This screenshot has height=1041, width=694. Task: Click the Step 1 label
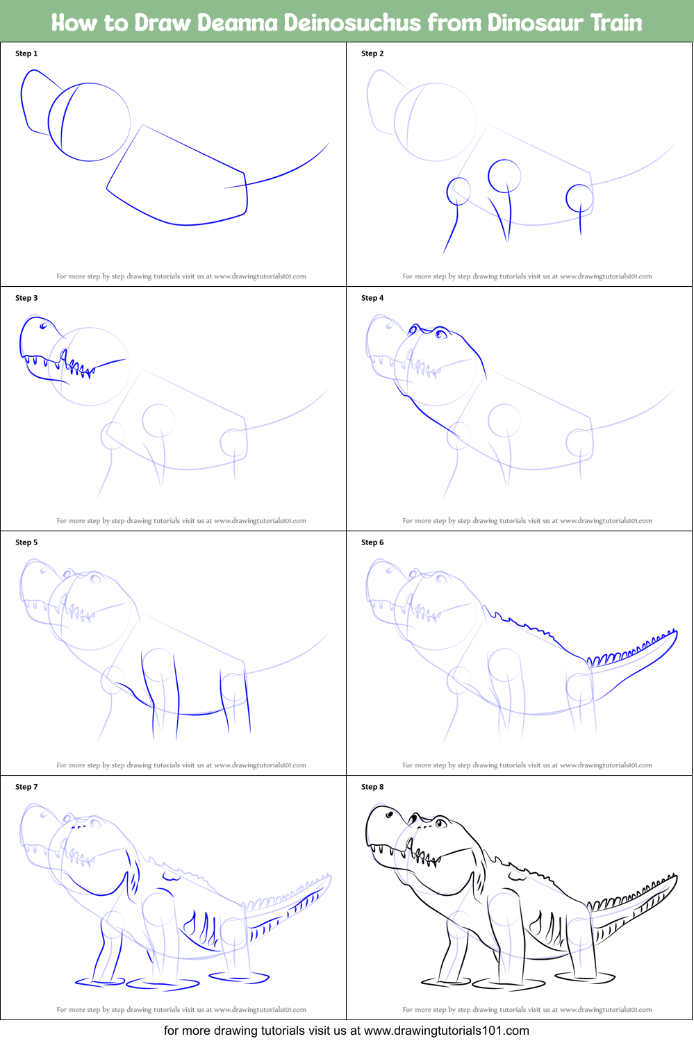(x=26, y=53)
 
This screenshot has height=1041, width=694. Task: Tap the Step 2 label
(x=372, y=53)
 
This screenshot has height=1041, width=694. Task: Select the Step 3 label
(x=26, y=298)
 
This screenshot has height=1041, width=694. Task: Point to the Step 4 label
(x=372, y=298)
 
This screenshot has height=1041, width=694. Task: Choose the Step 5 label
(x=26, y=542)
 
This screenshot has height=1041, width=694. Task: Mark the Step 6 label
(x=372, y=542)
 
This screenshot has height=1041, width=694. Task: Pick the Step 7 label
(x=26, y=787)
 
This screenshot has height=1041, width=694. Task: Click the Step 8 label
(x=372, y=787)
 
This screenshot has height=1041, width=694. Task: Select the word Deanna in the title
(x=236, y=23)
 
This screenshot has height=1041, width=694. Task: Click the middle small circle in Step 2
(x=504, y=176)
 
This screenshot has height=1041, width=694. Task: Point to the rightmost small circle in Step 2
(x=579, y=198)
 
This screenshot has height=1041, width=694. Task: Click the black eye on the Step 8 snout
(x=390, y=814)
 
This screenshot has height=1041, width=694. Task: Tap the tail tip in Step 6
(x=675, y=631)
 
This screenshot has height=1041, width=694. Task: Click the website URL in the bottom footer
(x=447, y=1031)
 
